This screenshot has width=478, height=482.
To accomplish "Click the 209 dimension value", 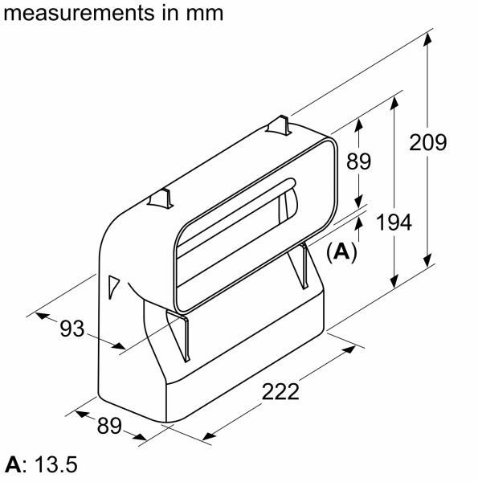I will click(427, 143).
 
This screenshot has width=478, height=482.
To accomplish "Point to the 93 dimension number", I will click(72, 328).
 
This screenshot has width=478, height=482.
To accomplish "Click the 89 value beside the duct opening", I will click(358, 161).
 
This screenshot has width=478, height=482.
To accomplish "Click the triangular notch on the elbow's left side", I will click(112, 285).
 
